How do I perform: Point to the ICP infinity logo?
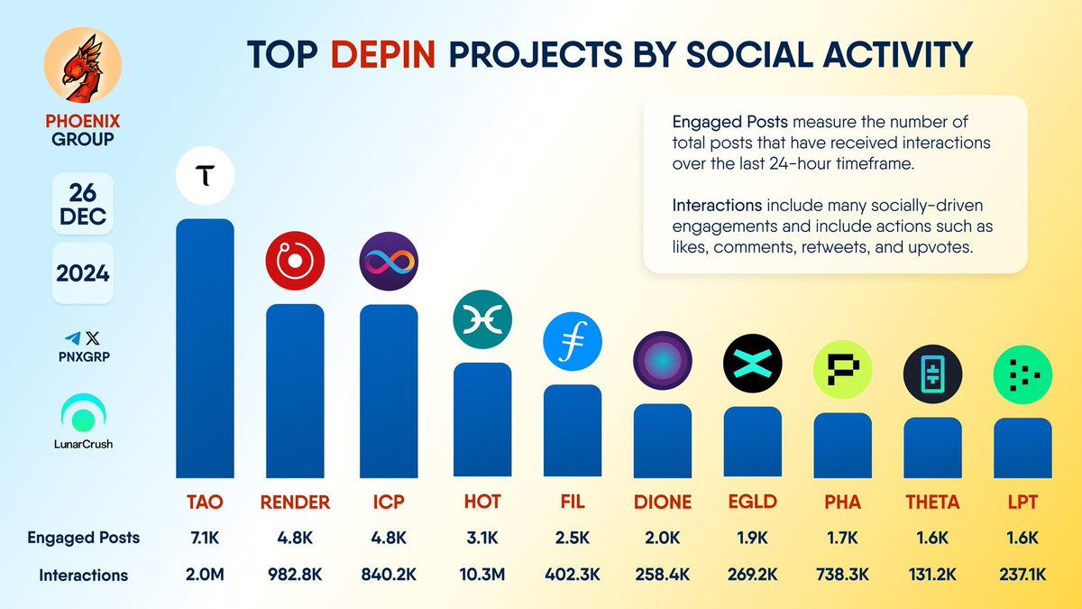coord(389,261)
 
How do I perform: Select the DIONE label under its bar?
coord(662,502)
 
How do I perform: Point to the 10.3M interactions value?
coord(481,575)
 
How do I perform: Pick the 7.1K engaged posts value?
coord(204,538)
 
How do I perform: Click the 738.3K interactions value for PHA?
coord(842,575)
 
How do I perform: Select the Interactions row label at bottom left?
coord(83,575)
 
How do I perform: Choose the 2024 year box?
coord(82,272)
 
